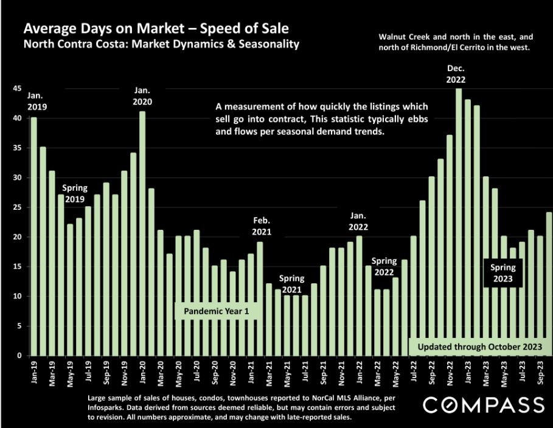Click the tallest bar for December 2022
tap(459, 222)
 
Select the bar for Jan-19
tap(34, 236)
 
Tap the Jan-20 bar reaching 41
tap(142, 233)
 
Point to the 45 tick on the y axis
tap(17, 89)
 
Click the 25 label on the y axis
tap(17, 207)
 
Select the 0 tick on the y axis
tap(19, 356)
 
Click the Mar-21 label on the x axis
tap(269, 373)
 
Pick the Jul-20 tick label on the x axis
tap(197, 371)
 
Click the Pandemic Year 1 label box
tap(217, 311)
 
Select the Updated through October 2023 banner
tap(479, 347)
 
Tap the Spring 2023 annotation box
tap(503, 273)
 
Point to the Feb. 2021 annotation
tap(262, 226)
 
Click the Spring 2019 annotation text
tap(75, 193)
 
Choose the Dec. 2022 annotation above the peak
tap(456, 74)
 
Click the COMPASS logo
tap(484, 405)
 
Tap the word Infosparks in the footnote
tap(105, 407)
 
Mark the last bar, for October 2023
tap(549, 284)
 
